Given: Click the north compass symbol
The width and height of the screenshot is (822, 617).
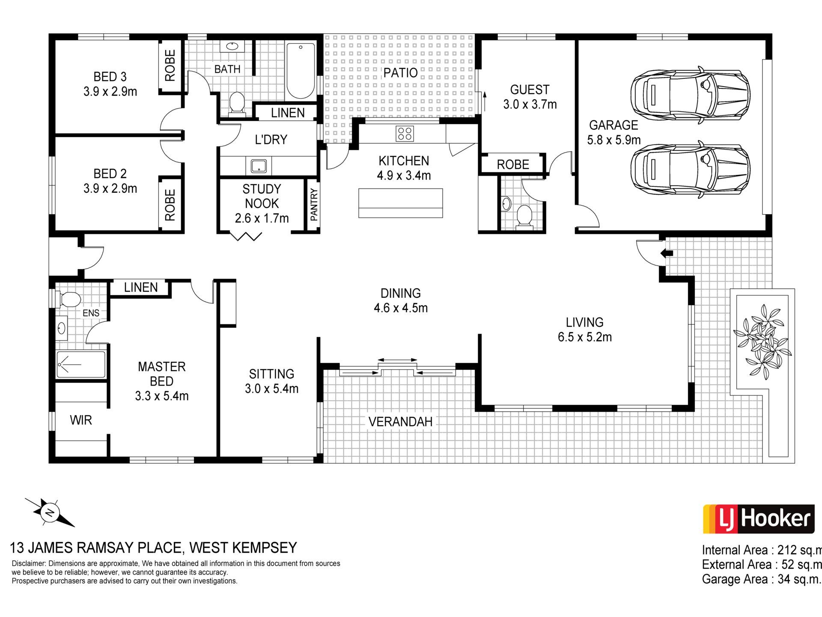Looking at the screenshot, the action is click(x=50, y=512).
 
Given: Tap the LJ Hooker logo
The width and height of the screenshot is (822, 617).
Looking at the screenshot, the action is click(x=758, y=519).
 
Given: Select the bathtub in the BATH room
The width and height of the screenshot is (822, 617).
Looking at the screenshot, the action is click(x=301, y=71).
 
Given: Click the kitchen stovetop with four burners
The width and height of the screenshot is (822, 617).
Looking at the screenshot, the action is click(x=405, y=133).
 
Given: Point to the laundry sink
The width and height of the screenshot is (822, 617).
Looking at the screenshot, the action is click(x=259, y=166).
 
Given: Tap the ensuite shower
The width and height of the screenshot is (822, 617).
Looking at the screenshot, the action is click(x=81, y=365).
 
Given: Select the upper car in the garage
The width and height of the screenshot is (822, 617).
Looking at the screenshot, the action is click(x=690, y=95).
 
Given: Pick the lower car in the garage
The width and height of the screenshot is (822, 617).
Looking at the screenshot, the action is click(x=690, y=170).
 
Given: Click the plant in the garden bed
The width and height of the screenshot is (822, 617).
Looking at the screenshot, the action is click(x=762, y=341).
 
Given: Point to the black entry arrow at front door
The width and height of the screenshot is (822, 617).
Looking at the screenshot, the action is click(x=667, y=253).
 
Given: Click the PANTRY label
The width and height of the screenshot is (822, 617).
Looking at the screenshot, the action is click(x=314, y=205).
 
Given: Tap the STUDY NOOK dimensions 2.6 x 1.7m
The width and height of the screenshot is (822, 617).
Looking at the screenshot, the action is click(x=262, y=218).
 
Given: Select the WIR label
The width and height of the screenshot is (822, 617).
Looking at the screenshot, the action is click(x=81, y=420).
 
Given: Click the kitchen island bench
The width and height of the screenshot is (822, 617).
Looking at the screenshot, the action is click(x=400, y=203).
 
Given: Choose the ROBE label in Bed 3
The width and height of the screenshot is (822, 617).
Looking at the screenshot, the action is click(x=170, y=66).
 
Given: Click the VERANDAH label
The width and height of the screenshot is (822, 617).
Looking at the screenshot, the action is click(x=400, y=422).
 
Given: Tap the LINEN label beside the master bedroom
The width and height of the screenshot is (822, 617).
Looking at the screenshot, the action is click(x=141, y=288).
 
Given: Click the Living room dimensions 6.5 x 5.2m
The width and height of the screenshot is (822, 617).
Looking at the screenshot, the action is click(x=584, y=337).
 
